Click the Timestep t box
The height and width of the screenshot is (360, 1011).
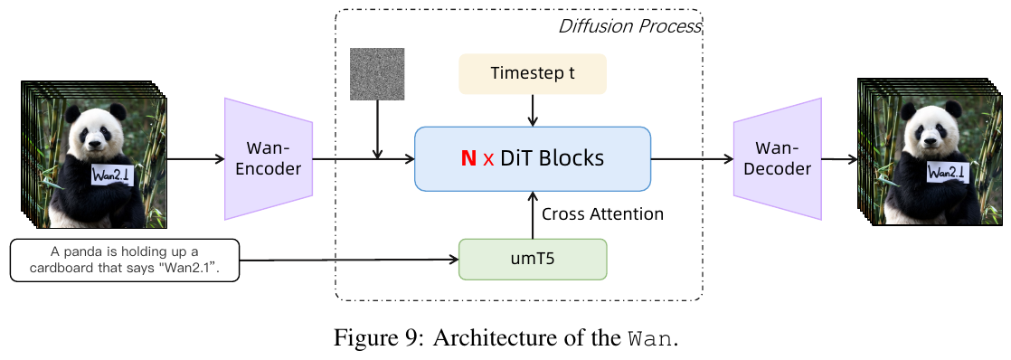pyautogui.click(x=533, y=73)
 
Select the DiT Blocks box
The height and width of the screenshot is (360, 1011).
pyautogui.click(x=533, y=158)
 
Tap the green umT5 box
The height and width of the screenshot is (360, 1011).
pyautogui.click(x=533, y=260)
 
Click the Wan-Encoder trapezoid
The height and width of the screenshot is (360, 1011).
pyautogui.click(x=269, y=158)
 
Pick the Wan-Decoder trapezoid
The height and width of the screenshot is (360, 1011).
pyautogui.click(x=778, y=158)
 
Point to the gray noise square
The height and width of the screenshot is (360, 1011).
pyautogui.click(x=377, y=73)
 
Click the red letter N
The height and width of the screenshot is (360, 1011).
pyautogui.click(x=468, y=158)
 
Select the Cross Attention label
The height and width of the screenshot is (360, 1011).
pyautogui.click(x=603, y=214)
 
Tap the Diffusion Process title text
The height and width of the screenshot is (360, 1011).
pyautogui.click(x=629, y=26)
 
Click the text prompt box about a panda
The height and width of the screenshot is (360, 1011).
pyautogui.click(x=125, y=260)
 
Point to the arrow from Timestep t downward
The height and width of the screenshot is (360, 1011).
pyautogui.click(x=533, y=110)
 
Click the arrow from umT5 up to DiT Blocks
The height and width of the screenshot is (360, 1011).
pyautogui.click(x=533, y=215)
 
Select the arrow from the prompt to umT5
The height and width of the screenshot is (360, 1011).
pyautogui.click(x=349, y=260)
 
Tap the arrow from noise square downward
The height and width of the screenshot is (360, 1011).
pyautogui.click(x=377, y=129)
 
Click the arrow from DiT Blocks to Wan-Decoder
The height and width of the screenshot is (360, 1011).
pyautogui.click(x=693, y=158)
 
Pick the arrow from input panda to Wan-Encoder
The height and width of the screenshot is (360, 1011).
pyautogui.click(x=195, y=158)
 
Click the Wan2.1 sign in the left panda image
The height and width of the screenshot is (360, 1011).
pyautogui.click(x=112, y=175)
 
